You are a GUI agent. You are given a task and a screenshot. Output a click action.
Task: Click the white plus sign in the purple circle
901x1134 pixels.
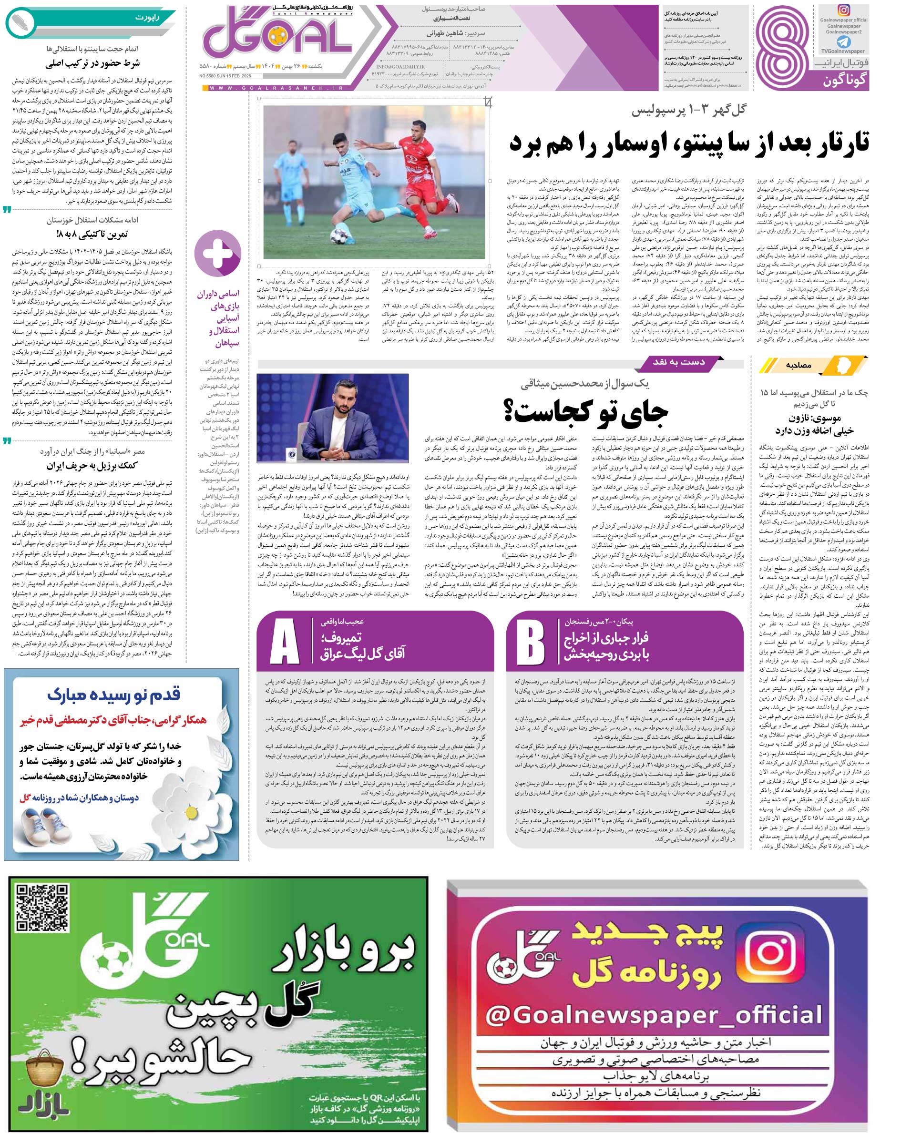[218, 254]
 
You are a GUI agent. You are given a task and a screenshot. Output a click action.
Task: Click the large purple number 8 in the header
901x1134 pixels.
[783, 46]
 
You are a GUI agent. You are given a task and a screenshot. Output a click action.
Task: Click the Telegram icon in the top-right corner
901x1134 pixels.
[844, 41]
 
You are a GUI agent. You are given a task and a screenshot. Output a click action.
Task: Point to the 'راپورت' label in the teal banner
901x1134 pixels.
[146, 19]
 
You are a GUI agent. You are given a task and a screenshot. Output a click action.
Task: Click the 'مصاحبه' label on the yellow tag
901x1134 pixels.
[799, 365]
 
